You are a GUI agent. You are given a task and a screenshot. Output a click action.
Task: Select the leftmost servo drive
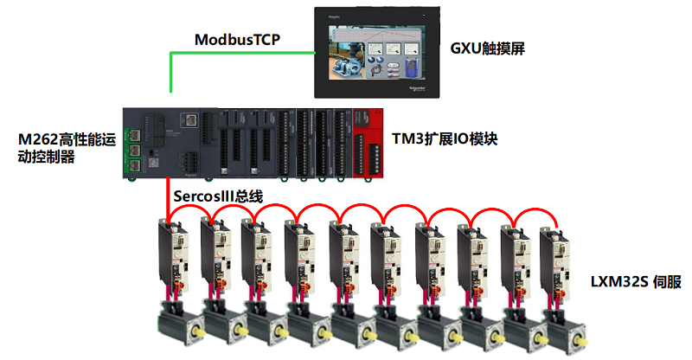click(170, 255)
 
